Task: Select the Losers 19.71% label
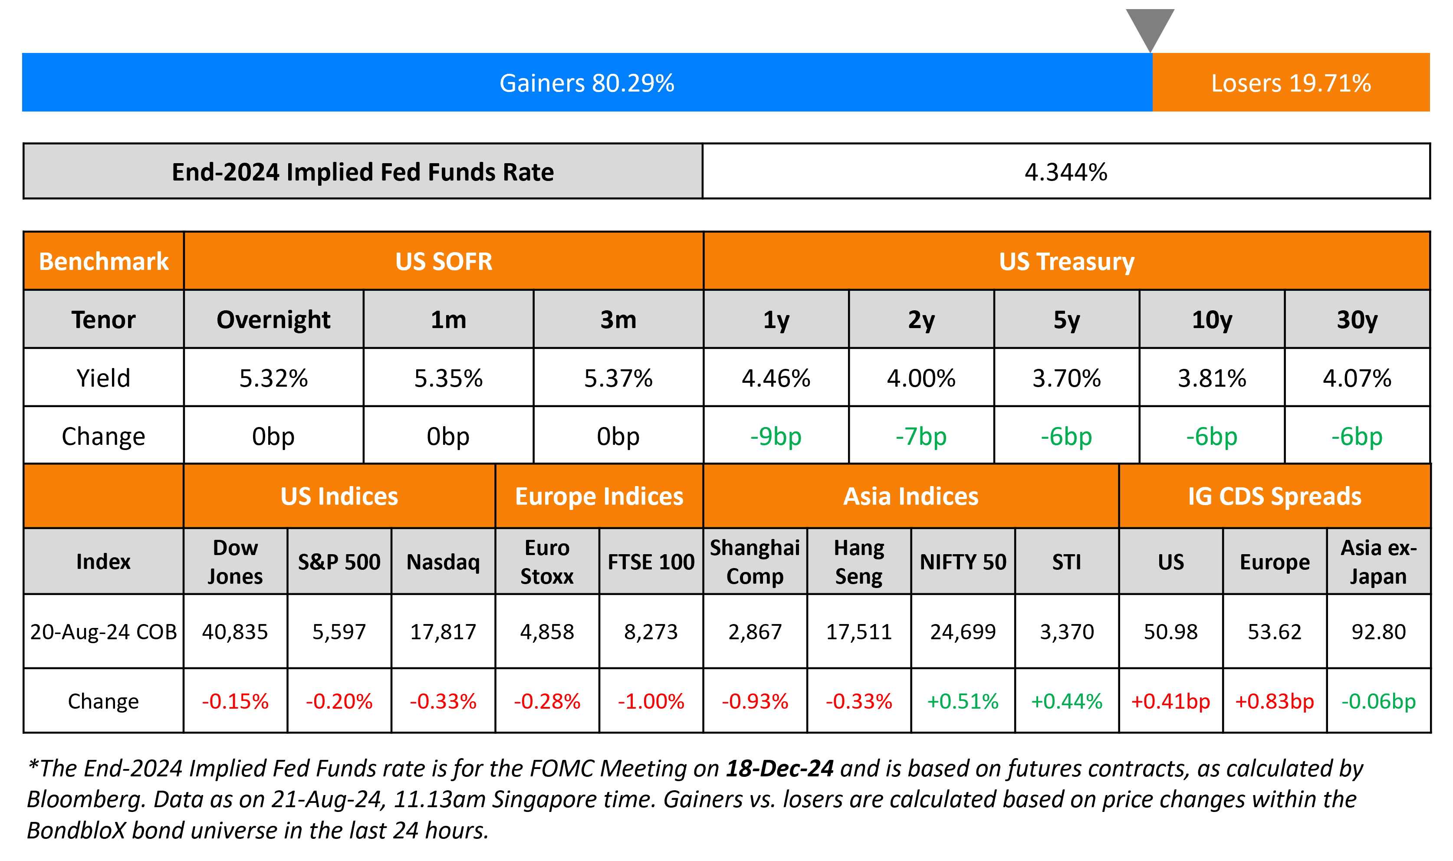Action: click(1291, 83)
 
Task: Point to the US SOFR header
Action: click(444, 262)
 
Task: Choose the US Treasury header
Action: click(1066, 262)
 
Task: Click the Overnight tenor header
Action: click(273, 320)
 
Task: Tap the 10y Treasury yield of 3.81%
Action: click(1212, 378)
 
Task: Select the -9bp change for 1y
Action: click(776, 436)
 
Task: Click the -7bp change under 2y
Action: click(921, 436)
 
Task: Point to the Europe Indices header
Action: click(599, 496)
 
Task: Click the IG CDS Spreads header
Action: click(1274, 496)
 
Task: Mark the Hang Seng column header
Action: click(858, 562)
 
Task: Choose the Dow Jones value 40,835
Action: click(235, 631)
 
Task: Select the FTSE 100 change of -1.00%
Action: click(651, 701)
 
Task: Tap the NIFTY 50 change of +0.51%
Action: click(963, 701)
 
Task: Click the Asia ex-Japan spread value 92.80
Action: click(1378, 631)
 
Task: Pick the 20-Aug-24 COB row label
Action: click(103, 631)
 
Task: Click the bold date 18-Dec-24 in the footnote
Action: click(779, 768)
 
